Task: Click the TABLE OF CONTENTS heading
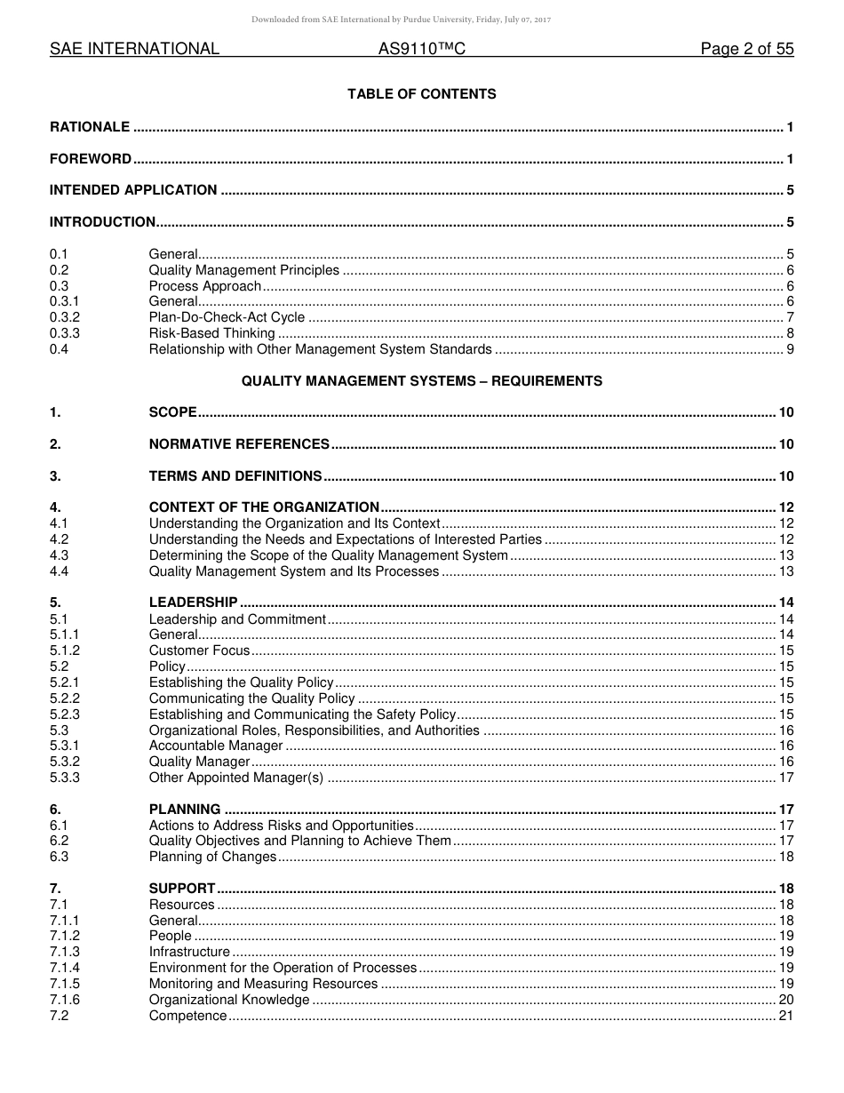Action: (x=421, y=94)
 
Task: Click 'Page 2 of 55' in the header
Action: (x=746, y=50)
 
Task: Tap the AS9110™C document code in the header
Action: (x=421, y=50)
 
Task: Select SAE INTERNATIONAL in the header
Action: (x=134, y=50)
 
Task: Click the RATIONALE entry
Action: (x=90, y=127)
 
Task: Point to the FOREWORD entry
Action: (x=91, y=159)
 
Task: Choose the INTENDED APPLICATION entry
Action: (x=133, y=190)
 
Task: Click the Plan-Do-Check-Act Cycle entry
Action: (x=227, y=317)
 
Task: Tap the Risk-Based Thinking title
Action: (x=211, y=333)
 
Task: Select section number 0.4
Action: (x=59, y=349)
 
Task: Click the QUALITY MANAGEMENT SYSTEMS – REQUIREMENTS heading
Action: (x=421, y=381)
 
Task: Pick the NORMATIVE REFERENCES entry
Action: (x=239, y=444)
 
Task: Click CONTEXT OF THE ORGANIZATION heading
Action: (x=264, y=507)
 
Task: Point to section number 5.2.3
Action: (x=65, y=714)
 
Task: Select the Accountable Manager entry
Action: (x=216, y=746)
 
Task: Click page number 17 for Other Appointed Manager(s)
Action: (x=785, y=778)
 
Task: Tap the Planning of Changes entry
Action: (x=212, y=857)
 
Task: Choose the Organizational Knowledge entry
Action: (x=229, y=1000)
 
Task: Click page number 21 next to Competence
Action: (x=785, y=1016)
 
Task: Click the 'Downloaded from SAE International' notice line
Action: (x=402, y=19)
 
